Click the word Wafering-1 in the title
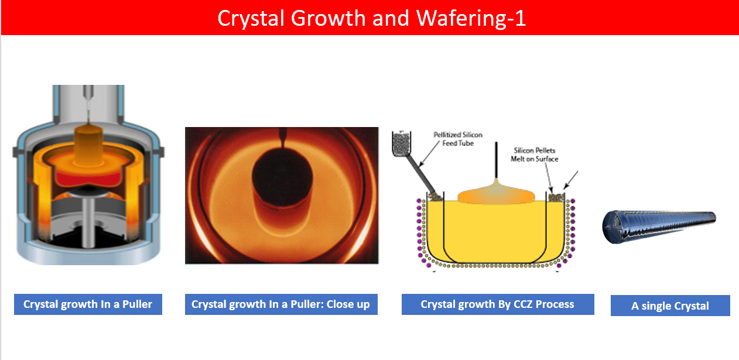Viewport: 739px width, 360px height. click(471, 18)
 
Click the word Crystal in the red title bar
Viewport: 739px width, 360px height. click(251, 18)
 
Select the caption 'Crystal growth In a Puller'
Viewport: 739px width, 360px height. click(88, 304)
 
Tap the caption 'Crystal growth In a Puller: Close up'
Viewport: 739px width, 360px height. click(281, 304)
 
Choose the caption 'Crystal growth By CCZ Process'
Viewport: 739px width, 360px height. click(498, 304)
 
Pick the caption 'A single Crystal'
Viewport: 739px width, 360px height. click(670, 306)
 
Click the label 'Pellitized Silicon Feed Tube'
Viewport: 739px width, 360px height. click(458, 139)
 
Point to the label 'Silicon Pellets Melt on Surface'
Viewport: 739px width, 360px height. click(535, 155)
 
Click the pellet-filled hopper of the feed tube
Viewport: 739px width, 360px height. click(402, 143)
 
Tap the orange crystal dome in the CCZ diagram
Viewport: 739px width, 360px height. click(496, 194)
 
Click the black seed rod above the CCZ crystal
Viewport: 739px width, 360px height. click(496, 160)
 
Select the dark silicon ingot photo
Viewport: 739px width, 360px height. click(659, 227)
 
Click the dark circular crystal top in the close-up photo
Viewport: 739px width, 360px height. click(282, 176)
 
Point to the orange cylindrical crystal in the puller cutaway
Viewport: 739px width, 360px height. click(88, 145)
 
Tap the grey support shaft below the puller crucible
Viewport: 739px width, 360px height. click(88, 221)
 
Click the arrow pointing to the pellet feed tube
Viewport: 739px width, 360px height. click(429, 153)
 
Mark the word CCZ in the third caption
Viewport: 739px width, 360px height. click(522, 304)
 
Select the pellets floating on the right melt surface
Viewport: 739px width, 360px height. click(556, 198)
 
